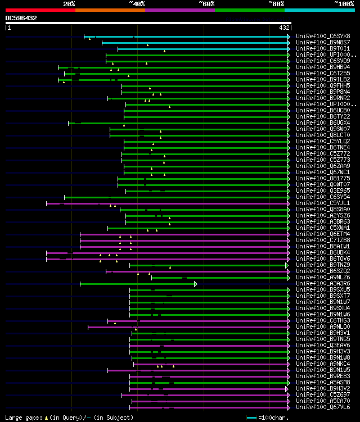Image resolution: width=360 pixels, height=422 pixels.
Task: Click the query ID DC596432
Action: tap(21, 18)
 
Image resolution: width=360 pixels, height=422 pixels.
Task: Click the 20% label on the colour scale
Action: tap(69, 4)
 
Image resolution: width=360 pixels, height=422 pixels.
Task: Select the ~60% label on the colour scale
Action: tap(206, 4)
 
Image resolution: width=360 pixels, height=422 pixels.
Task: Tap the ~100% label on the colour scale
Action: tap(344, 4)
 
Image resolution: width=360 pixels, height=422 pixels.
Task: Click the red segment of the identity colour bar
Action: tap(40, 10)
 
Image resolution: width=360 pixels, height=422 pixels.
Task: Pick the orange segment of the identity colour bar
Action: tap(110, 10)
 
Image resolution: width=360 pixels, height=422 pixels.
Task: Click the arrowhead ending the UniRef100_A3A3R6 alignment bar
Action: tap(196, 284)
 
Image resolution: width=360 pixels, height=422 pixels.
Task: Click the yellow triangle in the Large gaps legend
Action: tap(47, 418)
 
